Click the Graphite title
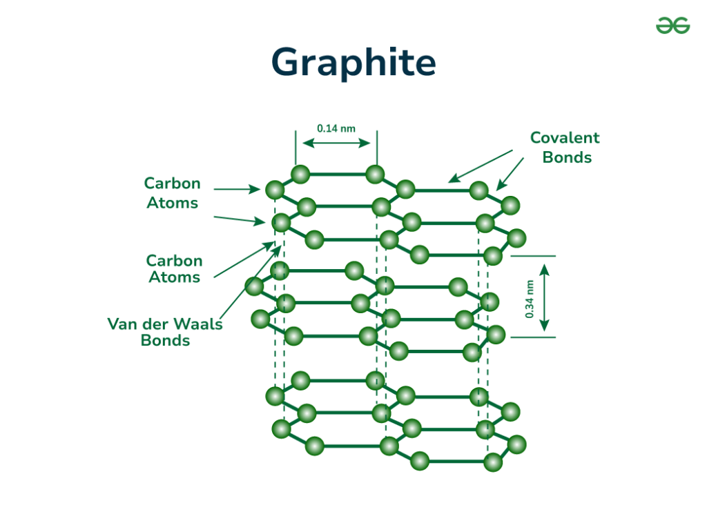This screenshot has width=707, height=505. (x=353, y=63)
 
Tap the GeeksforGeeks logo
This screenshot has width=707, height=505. (x=672, y=26)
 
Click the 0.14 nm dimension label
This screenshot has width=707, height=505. (x=336, y=128)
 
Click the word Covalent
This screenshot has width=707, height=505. (x=564, y=138)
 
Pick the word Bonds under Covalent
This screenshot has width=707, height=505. (x=567, y=157)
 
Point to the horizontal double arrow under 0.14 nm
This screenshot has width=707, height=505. (x=336, y=143)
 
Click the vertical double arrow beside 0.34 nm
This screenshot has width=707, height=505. (x=545, y=297)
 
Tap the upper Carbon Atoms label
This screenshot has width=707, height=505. (x=172, y=192)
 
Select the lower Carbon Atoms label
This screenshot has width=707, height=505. (x=174, y=269)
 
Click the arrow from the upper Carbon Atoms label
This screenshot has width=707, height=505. (x=235, y=188)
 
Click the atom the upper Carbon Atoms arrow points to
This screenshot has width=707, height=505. (x=274, y=189)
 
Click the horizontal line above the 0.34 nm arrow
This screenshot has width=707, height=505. (x=532, y=256)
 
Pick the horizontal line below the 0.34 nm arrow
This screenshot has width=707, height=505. (x=532, y=337)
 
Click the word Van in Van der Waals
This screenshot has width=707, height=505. (x=122, y=324)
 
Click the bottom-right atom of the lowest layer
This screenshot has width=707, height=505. (x=492, y=462)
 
